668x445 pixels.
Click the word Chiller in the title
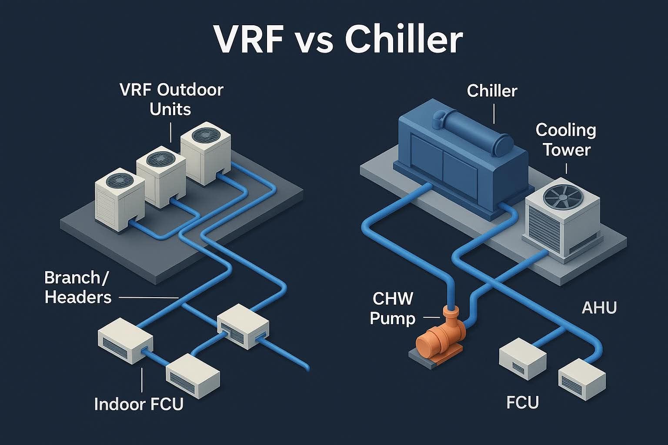click(x=403, y=40)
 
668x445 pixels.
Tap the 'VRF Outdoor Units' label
click(x=170, y=99)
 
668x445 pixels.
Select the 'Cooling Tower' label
click(x=565, y=139)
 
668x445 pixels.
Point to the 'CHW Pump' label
click(x=392, y=309)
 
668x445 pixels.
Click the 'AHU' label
click(x=599, y=308)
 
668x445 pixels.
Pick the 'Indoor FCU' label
click(x=139, y=404)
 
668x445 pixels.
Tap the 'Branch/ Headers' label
click(x=78, y=287)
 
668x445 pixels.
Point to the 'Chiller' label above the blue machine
click(x=492, y=91)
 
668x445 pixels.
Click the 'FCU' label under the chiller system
click(x=523, y=402)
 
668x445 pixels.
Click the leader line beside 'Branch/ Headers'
click(x=148, y=298)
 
